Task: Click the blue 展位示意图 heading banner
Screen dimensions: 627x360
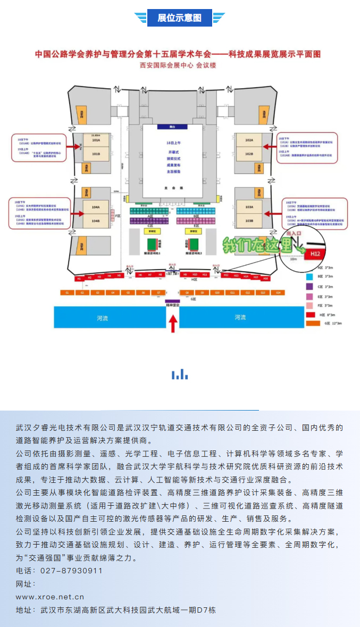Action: tap(180, 18)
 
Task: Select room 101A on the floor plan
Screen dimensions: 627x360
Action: tap(96, 141)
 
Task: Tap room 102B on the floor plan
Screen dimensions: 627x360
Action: tap(249, 154)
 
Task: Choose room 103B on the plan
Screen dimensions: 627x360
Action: tap(249, 220)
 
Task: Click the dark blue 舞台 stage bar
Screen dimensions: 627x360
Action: tap(172, 127)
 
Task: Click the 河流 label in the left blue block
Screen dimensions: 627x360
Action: tap(102, 317)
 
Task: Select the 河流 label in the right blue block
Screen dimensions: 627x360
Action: tap(240, 317)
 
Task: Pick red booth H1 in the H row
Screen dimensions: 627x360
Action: tap(79, 278)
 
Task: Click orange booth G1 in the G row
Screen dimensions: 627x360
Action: tap(67, 292)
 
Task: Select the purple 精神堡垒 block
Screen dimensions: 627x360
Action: tap(172, 302)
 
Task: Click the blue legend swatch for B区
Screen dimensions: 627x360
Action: tap(309, 277)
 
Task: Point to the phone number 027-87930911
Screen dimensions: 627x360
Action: tap(71, 571)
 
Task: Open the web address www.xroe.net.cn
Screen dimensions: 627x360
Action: tap(50, 597)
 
